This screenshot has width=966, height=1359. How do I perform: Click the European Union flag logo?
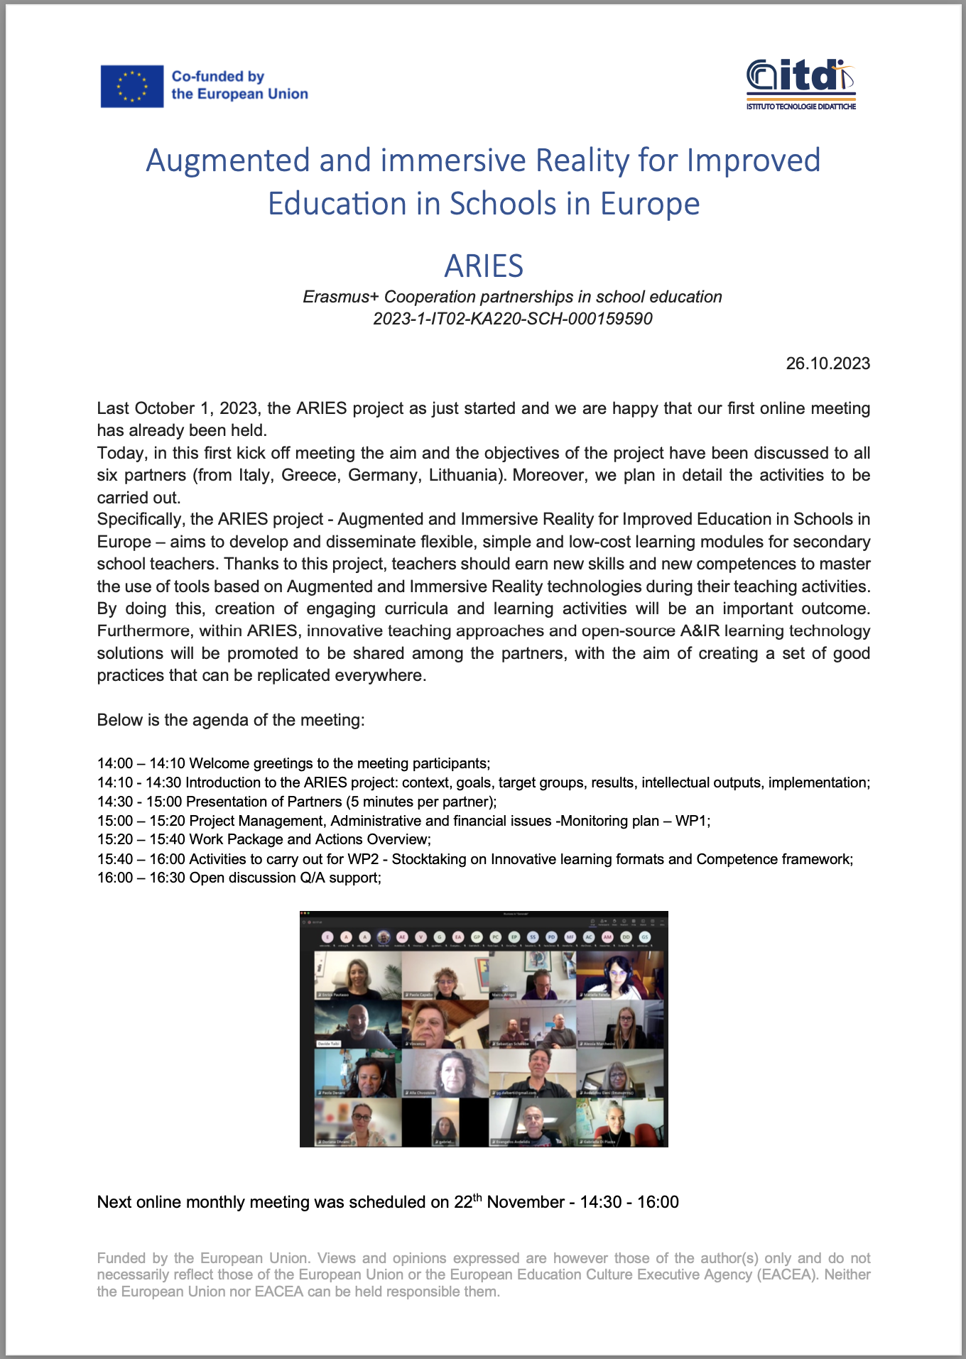point(132,86)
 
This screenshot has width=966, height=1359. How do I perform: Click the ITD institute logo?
point(801,84)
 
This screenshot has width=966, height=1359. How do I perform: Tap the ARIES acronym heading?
point(484,266)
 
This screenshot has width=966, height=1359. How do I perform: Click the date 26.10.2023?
point(827,364)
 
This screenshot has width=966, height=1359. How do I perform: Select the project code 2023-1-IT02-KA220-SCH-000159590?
point(512,319)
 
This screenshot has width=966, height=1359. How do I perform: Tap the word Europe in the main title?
point(650,204)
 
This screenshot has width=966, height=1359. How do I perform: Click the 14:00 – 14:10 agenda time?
point(141,763)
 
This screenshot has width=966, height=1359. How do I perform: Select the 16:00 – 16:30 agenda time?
point(141,878)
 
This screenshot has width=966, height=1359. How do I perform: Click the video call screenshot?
point(484,1029)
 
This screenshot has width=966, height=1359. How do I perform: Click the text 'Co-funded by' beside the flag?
point(217,77)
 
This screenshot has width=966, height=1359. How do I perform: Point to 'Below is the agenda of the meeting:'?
point(231,720)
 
